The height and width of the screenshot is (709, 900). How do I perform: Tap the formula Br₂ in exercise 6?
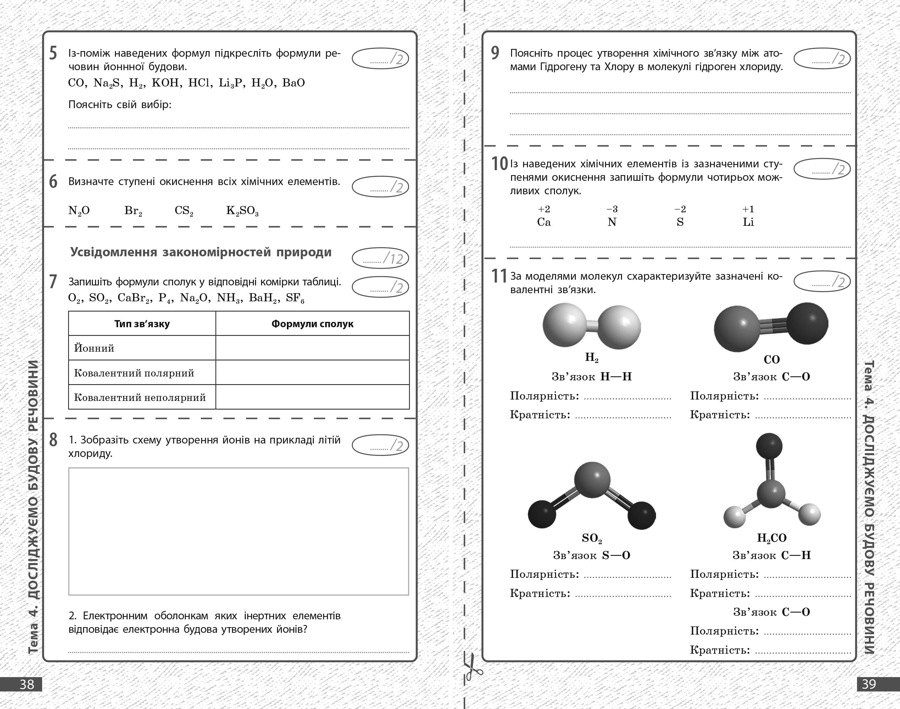[133, 211]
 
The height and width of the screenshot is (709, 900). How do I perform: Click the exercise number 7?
[53, 282]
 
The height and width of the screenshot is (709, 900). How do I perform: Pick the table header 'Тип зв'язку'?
[142, 324]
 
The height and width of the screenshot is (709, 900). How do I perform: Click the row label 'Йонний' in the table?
[94, 348]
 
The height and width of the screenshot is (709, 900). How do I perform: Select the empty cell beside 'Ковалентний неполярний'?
[312, 397]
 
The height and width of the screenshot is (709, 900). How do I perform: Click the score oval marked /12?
[380, 258]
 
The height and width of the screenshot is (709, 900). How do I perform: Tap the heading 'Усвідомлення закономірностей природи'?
[201, 252]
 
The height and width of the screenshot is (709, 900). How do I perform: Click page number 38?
[27, 684]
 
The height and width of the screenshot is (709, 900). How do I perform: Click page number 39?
[869, 684]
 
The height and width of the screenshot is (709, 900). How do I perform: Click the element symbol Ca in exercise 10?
[544, 222]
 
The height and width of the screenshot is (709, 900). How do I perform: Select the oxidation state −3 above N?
[612, 209]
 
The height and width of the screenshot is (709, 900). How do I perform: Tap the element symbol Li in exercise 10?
[748, 222]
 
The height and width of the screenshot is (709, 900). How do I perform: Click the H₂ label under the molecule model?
[591, 357]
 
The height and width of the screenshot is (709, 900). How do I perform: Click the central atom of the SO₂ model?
[592, 480]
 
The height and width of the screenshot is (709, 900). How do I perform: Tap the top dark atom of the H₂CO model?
[769, 446]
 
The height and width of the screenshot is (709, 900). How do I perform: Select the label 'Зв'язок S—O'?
[591, 556]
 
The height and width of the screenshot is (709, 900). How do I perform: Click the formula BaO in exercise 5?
[294, 83]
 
